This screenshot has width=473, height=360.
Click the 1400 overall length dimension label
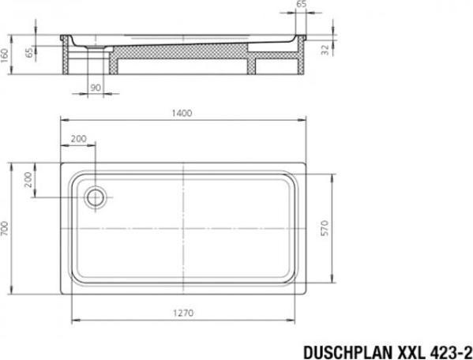182,113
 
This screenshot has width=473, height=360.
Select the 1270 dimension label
183,313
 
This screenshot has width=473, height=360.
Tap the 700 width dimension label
5,228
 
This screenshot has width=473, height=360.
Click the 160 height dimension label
5,55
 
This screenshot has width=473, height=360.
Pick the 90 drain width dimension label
96,88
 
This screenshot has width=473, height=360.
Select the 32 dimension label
325,50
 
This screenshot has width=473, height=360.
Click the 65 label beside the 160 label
29,52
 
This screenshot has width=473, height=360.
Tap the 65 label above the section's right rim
301,4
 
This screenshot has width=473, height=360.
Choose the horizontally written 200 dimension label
78,139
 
